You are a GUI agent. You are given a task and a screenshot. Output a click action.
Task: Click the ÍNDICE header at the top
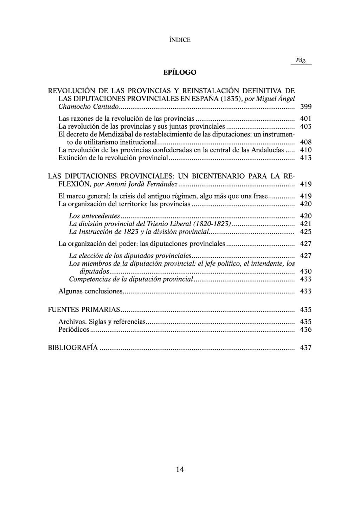[180, 40]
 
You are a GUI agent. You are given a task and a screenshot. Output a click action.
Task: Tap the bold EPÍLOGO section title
[180, 72]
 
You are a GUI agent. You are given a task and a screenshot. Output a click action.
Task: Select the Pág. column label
[301, 61]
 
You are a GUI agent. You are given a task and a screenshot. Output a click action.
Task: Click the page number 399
[306, 107]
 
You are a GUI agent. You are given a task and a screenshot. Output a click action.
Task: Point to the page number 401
[306, 119]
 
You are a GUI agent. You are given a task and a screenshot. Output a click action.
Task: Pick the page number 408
[306, 142]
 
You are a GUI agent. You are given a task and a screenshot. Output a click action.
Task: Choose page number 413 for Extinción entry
[306, 158]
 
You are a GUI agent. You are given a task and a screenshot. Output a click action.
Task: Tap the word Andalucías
[268, 150]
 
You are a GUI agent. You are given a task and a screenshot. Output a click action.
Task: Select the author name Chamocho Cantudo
[89, 107]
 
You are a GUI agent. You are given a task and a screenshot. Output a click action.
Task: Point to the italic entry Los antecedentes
[94, 216]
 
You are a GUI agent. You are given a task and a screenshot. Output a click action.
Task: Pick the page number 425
[306, 232]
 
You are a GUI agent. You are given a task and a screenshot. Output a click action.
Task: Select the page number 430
[306, 272]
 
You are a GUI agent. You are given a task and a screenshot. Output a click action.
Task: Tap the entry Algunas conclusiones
[90, 291]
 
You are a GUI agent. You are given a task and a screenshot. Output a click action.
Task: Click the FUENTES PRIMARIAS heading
[84, 310]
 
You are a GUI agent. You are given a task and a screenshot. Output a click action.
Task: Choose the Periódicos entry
[74, 330]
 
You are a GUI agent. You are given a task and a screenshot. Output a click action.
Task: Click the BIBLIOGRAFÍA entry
[73, 348]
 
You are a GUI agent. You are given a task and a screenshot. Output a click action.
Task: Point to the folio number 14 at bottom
[180, 469]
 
